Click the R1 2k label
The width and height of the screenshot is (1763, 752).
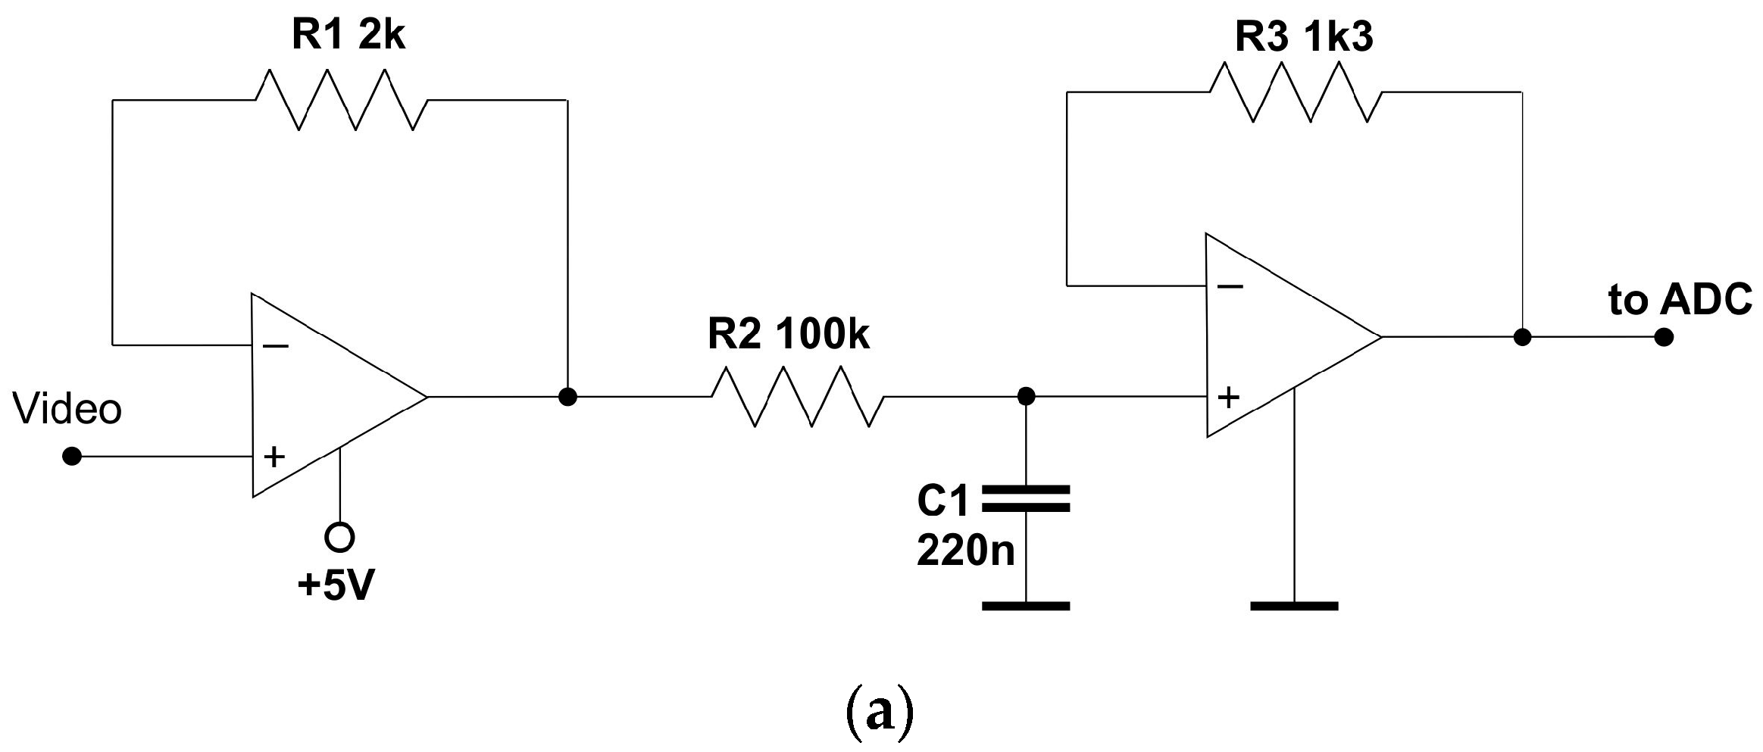[348, 36]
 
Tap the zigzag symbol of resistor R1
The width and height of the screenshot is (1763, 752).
[341, 100]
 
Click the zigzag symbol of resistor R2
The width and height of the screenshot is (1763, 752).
[797, 396]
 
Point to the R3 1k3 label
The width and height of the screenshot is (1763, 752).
[1303, 36]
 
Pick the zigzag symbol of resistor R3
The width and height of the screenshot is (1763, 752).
[1296, 92]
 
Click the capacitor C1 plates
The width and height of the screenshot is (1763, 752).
[1025, 498]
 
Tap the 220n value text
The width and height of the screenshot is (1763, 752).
[965, 550]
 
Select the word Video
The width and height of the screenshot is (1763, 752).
[67, 410]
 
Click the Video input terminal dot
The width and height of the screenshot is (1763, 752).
[72, 457]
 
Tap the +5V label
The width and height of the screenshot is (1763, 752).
[336, 585]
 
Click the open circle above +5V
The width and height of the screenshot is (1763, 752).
[339, 537]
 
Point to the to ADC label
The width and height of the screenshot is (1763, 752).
[1680, 300]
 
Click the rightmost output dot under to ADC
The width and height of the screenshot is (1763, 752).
[1663, 337]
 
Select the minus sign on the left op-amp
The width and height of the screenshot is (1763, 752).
[276, 346]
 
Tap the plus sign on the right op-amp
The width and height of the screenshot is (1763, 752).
[1228, 397]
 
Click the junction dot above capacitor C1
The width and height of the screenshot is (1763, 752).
[1025, 396]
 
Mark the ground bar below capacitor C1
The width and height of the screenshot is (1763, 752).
[1025, 606]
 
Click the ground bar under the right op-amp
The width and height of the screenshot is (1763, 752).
[1294, 606]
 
